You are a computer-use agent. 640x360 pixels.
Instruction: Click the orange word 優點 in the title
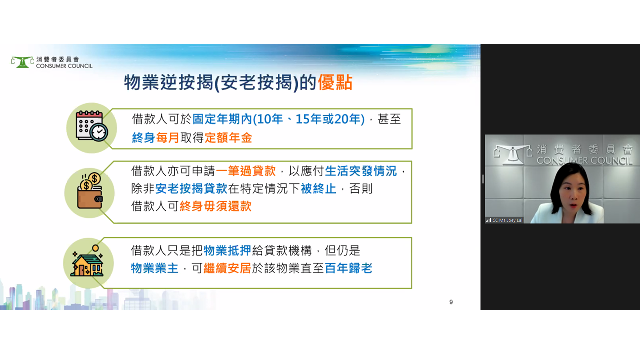[x=335, y=83]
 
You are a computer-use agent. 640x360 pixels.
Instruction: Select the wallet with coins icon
[x=90, y=191]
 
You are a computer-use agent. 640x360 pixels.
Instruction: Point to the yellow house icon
[x=87, y=261]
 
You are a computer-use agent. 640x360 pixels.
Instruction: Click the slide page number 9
[x=451, y=302]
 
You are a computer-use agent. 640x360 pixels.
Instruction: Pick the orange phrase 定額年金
[x=228, y=138]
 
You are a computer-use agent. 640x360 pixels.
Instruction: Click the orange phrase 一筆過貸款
[x=246, y=171]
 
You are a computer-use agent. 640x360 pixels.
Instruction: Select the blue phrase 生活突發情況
[x=361, y=171]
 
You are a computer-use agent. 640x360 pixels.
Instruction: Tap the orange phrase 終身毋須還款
[x=215, y=206]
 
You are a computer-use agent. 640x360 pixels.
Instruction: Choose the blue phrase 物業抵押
[x=227, y=251]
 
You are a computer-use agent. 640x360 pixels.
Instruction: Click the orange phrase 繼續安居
[x=227, y=268]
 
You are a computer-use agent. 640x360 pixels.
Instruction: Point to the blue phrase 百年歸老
[x=348, y=268]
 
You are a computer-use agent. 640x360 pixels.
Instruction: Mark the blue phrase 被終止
[x=318, y=189]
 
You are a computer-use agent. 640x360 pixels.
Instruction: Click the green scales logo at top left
[x=22, y=62]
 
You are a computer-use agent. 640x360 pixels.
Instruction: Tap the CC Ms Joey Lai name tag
[x=504, y=220]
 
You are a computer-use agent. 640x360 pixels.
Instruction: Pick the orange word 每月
[x=167, y=138]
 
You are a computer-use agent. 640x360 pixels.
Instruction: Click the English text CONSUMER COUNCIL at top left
[x=64, y=66]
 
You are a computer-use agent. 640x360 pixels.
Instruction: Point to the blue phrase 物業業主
[x=155, y=268]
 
